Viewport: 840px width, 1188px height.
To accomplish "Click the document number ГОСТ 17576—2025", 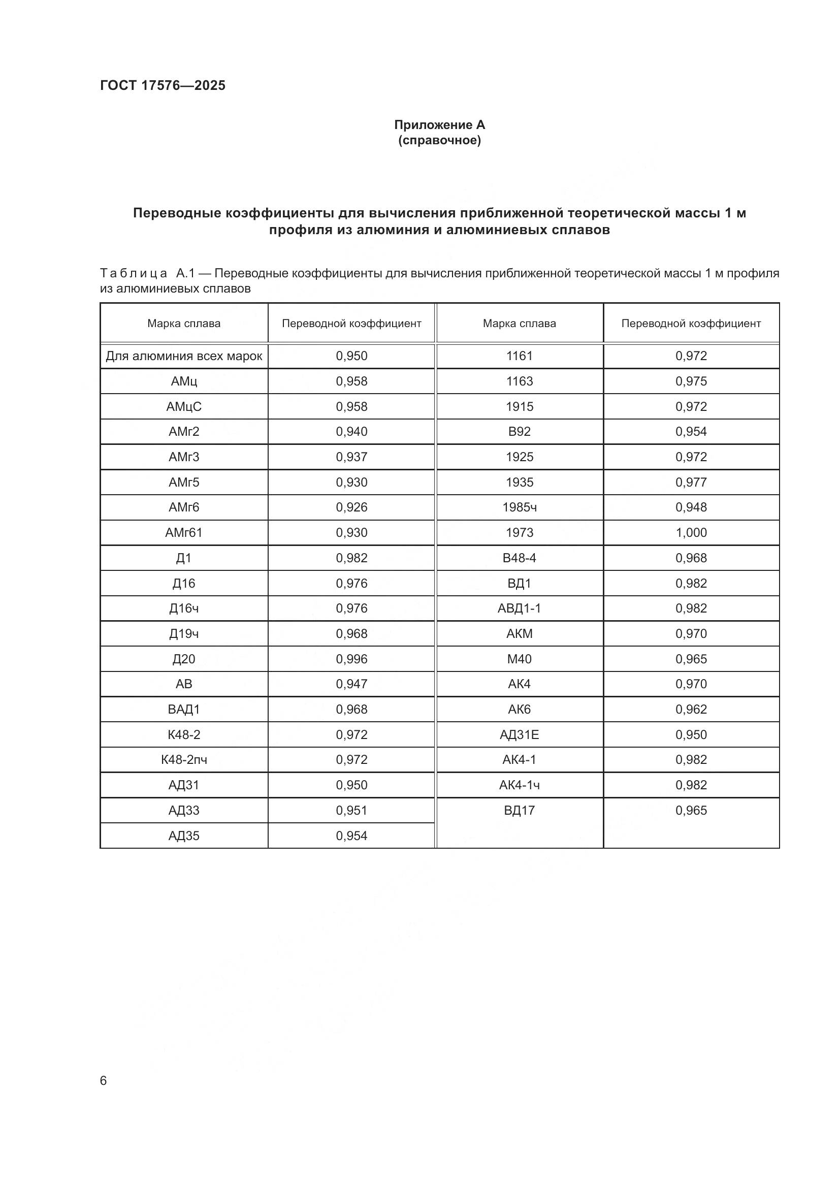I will (163, 85).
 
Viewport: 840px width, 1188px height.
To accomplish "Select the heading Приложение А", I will (439, 125).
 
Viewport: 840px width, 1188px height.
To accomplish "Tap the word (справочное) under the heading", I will (439, 140).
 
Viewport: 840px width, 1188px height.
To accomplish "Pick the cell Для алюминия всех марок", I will (184, 356).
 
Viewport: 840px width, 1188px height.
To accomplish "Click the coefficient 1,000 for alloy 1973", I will (691, 532).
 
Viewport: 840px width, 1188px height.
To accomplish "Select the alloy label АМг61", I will (184, 532).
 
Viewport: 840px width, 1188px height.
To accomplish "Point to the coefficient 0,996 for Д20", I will (351, 659).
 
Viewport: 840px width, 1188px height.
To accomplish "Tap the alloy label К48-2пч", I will (184, 759).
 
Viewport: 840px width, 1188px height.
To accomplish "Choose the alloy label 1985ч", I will (520, 507).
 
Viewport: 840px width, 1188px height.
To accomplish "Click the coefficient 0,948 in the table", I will (691, 507).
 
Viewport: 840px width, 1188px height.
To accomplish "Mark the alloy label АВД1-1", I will (520, 608).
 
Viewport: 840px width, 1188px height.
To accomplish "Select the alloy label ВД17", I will (520, 810).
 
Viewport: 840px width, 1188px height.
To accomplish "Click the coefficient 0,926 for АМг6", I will (351, 507).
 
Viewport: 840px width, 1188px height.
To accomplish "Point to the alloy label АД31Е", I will (520, 734).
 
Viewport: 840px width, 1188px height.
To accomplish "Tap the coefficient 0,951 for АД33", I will (351, 810).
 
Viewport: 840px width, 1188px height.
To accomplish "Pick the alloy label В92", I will (520, 432).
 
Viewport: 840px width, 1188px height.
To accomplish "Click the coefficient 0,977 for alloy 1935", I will (691, 482).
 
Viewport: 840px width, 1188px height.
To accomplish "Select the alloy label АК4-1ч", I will (520, 785).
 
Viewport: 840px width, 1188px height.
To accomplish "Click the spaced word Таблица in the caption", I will (134, 273).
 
